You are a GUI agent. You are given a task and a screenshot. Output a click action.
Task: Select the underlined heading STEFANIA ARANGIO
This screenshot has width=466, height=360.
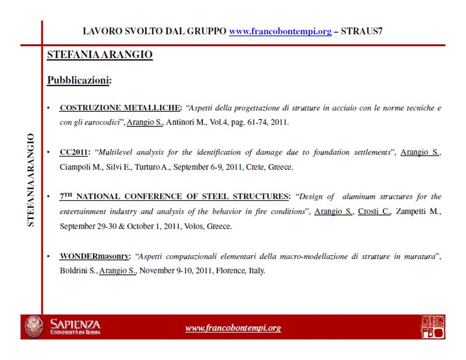tap(100, 55)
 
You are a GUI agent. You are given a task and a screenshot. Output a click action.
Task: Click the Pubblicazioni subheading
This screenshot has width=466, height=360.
tap(79, 80)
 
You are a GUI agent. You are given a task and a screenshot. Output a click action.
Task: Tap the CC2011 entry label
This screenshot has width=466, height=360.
tap(73, 153)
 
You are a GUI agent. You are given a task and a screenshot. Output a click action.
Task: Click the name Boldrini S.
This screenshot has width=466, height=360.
tap(78, 271)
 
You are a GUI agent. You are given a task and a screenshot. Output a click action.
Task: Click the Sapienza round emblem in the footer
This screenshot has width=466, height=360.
tap(33, 328)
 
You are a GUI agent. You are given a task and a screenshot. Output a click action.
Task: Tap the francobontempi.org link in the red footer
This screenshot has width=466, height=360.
tap(232, 328)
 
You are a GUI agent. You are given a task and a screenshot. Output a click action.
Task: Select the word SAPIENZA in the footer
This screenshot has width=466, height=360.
tap(75, 324)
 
